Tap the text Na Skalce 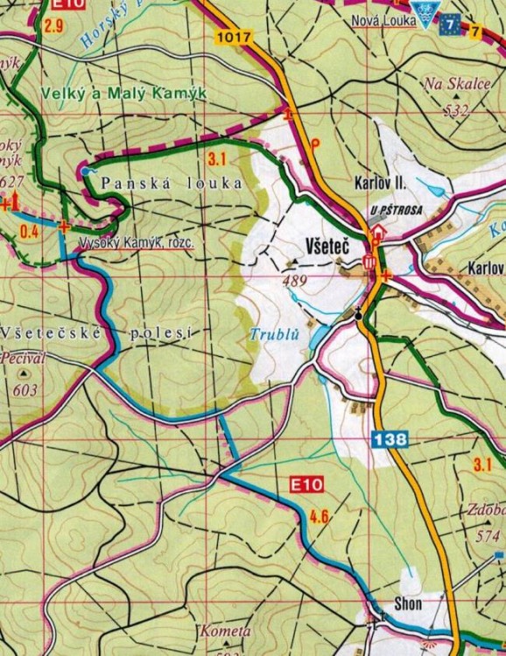click(x=447, y=85)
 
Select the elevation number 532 click(x=456, y=109)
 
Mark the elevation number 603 click(x=25, y=390)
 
